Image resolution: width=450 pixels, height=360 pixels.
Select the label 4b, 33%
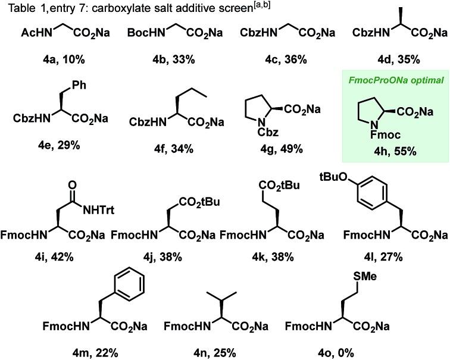[x=164, y=60]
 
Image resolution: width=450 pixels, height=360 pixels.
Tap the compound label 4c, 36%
[x=280, y=60]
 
